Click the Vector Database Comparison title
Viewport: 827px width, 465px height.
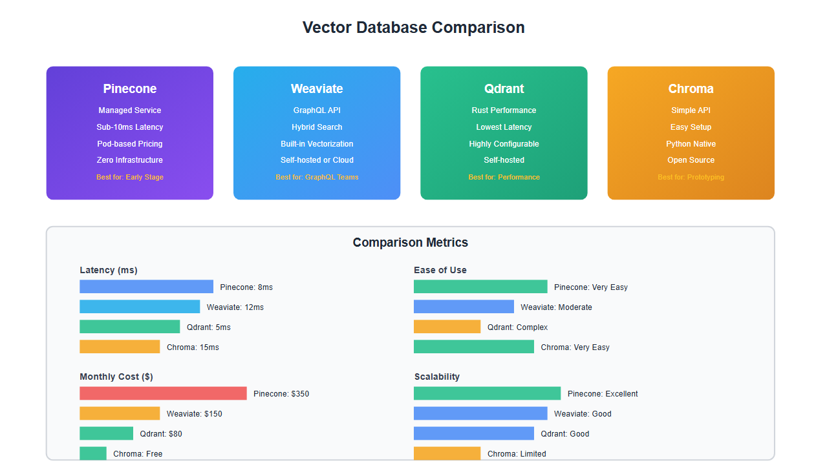click(x=413, y=28)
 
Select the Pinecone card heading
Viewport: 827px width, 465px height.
click(x=129, y=88)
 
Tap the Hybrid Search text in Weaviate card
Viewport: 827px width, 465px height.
click(x=317, y=127)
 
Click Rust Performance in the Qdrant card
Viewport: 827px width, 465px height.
click(x=504, y=110)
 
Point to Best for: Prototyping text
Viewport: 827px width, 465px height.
click(x=691, y=177)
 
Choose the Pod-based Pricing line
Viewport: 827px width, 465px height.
click(x=129, y=144)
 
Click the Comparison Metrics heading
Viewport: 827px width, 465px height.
click(x=410, y=243)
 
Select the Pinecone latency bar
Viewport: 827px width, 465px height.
click(x=146, y=287)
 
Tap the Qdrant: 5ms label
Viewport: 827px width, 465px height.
click(x=208, y=327)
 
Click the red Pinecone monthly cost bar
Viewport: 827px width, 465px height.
click(x=163, y=393)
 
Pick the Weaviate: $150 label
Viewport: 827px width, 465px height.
click(x=194, y=414)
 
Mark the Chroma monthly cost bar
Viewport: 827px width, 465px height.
click(x=93, y=453)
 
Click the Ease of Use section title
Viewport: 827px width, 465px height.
click(x=440, y=270)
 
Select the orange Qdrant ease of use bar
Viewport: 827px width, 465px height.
click(x=447, y=327)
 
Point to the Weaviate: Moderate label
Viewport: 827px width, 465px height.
click(x=556, y=307)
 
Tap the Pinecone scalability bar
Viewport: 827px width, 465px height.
click(x=487, y=393)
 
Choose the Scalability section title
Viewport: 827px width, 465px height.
click(x=436, y=377)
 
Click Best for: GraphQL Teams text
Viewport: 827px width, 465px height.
click(x=317, y=177)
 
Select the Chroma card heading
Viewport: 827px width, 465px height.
click(x=691, y=88)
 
